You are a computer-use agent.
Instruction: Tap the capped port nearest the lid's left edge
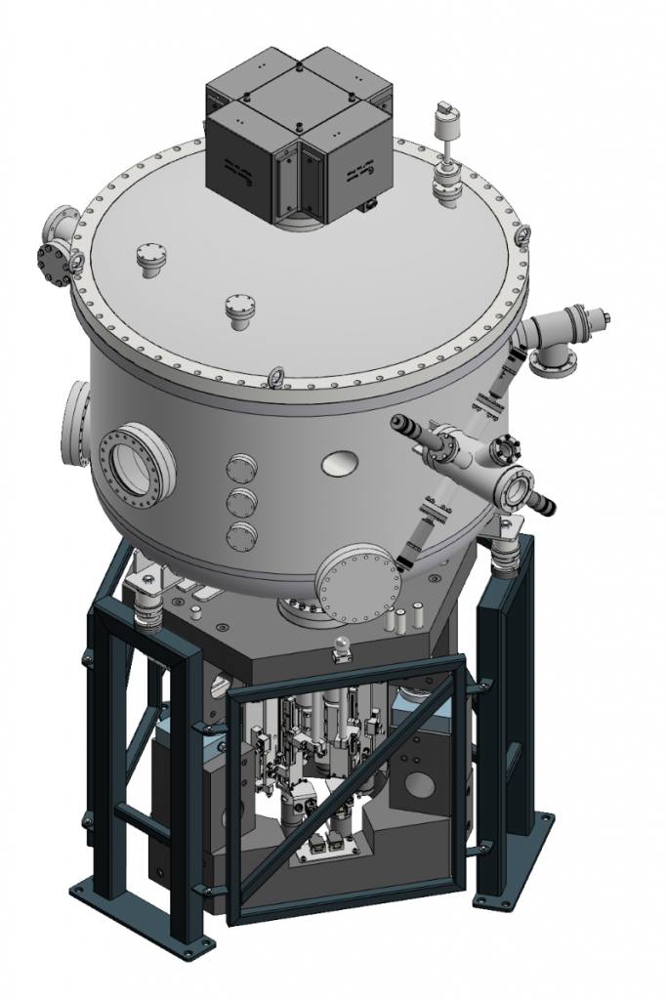click(x=148, y=260)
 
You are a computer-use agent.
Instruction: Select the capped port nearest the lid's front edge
click(x=238, y=311)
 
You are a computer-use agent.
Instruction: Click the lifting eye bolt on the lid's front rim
click(x=276, y=377)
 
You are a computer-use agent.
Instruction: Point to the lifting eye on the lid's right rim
click(x=521, y=235)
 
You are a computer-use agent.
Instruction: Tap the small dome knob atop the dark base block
click(x=340, y=646)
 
